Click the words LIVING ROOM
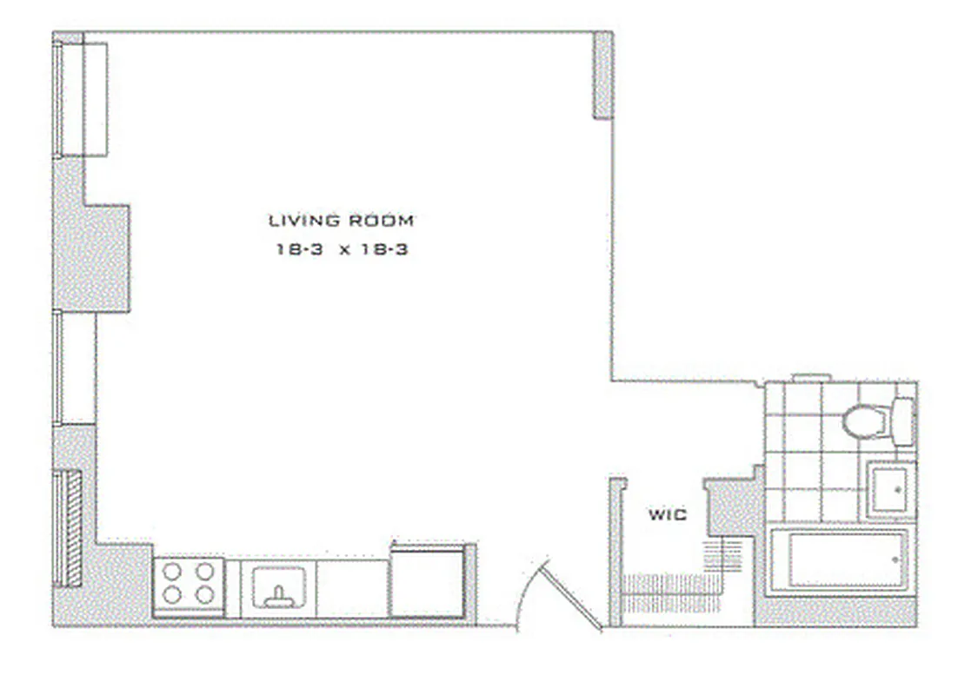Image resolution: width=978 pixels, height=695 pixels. pos(341,221)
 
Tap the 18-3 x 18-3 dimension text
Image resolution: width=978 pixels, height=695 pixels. pos(341,249)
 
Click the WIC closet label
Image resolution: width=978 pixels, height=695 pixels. pos(667,514)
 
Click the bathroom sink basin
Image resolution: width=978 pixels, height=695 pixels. pos(888,491)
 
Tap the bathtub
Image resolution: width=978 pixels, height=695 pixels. pos(838,560)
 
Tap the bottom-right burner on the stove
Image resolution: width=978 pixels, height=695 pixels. pos(205,595)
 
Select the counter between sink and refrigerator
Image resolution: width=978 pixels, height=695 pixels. pos(353,587)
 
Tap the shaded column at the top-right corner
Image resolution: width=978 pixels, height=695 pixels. pos(603,76)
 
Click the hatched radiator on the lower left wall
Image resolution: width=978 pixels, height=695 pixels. pos(73,527)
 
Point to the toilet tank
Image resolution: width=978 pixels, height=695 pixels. pos(903,422)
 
